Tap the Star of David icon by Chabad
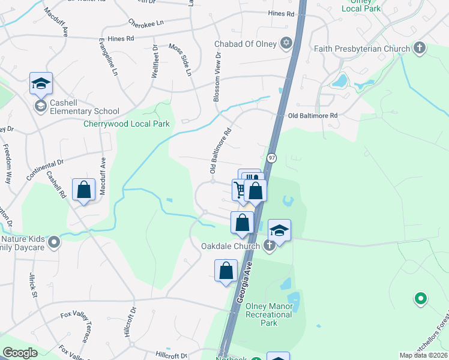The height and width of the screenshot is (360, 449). (286, 43)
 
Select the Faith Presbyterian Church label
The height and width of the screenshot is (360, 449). (362, 47)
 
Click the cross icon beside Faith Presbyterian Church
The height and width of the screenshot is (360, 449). (420, 47)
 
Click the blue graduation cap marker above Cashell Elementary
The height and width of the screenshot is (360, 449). (41, 84)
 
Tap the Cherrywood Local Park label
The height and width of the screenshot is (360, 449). (127, 124)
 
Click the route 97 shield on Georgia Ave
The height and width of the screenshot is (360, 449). (272, 157)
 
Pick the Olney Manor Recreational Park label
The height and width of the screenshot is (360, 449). (269, 314)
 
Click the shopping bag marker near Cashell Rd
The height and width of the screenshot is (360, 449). (83, 190)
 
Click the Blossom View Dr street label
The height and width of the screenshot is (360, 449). (217, 76)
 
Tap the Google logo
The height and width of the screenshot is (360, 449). (20, 353)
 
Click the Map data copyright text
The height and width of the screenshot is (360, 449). (423, 355)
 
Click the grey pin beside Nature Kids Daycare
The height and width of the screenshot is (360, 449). (54, 243)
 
